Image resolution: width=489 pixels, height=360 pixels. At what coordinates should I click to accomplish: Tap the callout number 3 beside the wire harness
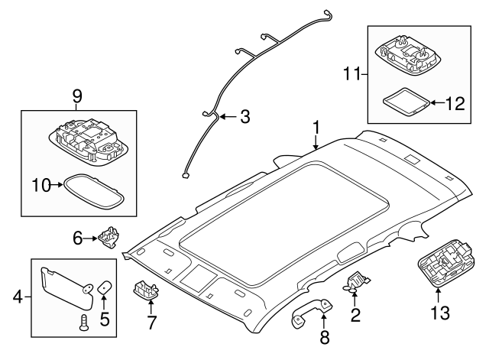click(x=244, y=117)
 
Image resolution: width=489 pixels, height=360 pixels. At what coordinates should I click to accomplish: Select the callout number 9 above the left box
click(x=76, y=96)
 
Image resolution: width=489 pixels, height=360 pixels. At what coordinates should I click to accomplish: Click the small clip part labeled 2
click(x=355, y=283)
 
